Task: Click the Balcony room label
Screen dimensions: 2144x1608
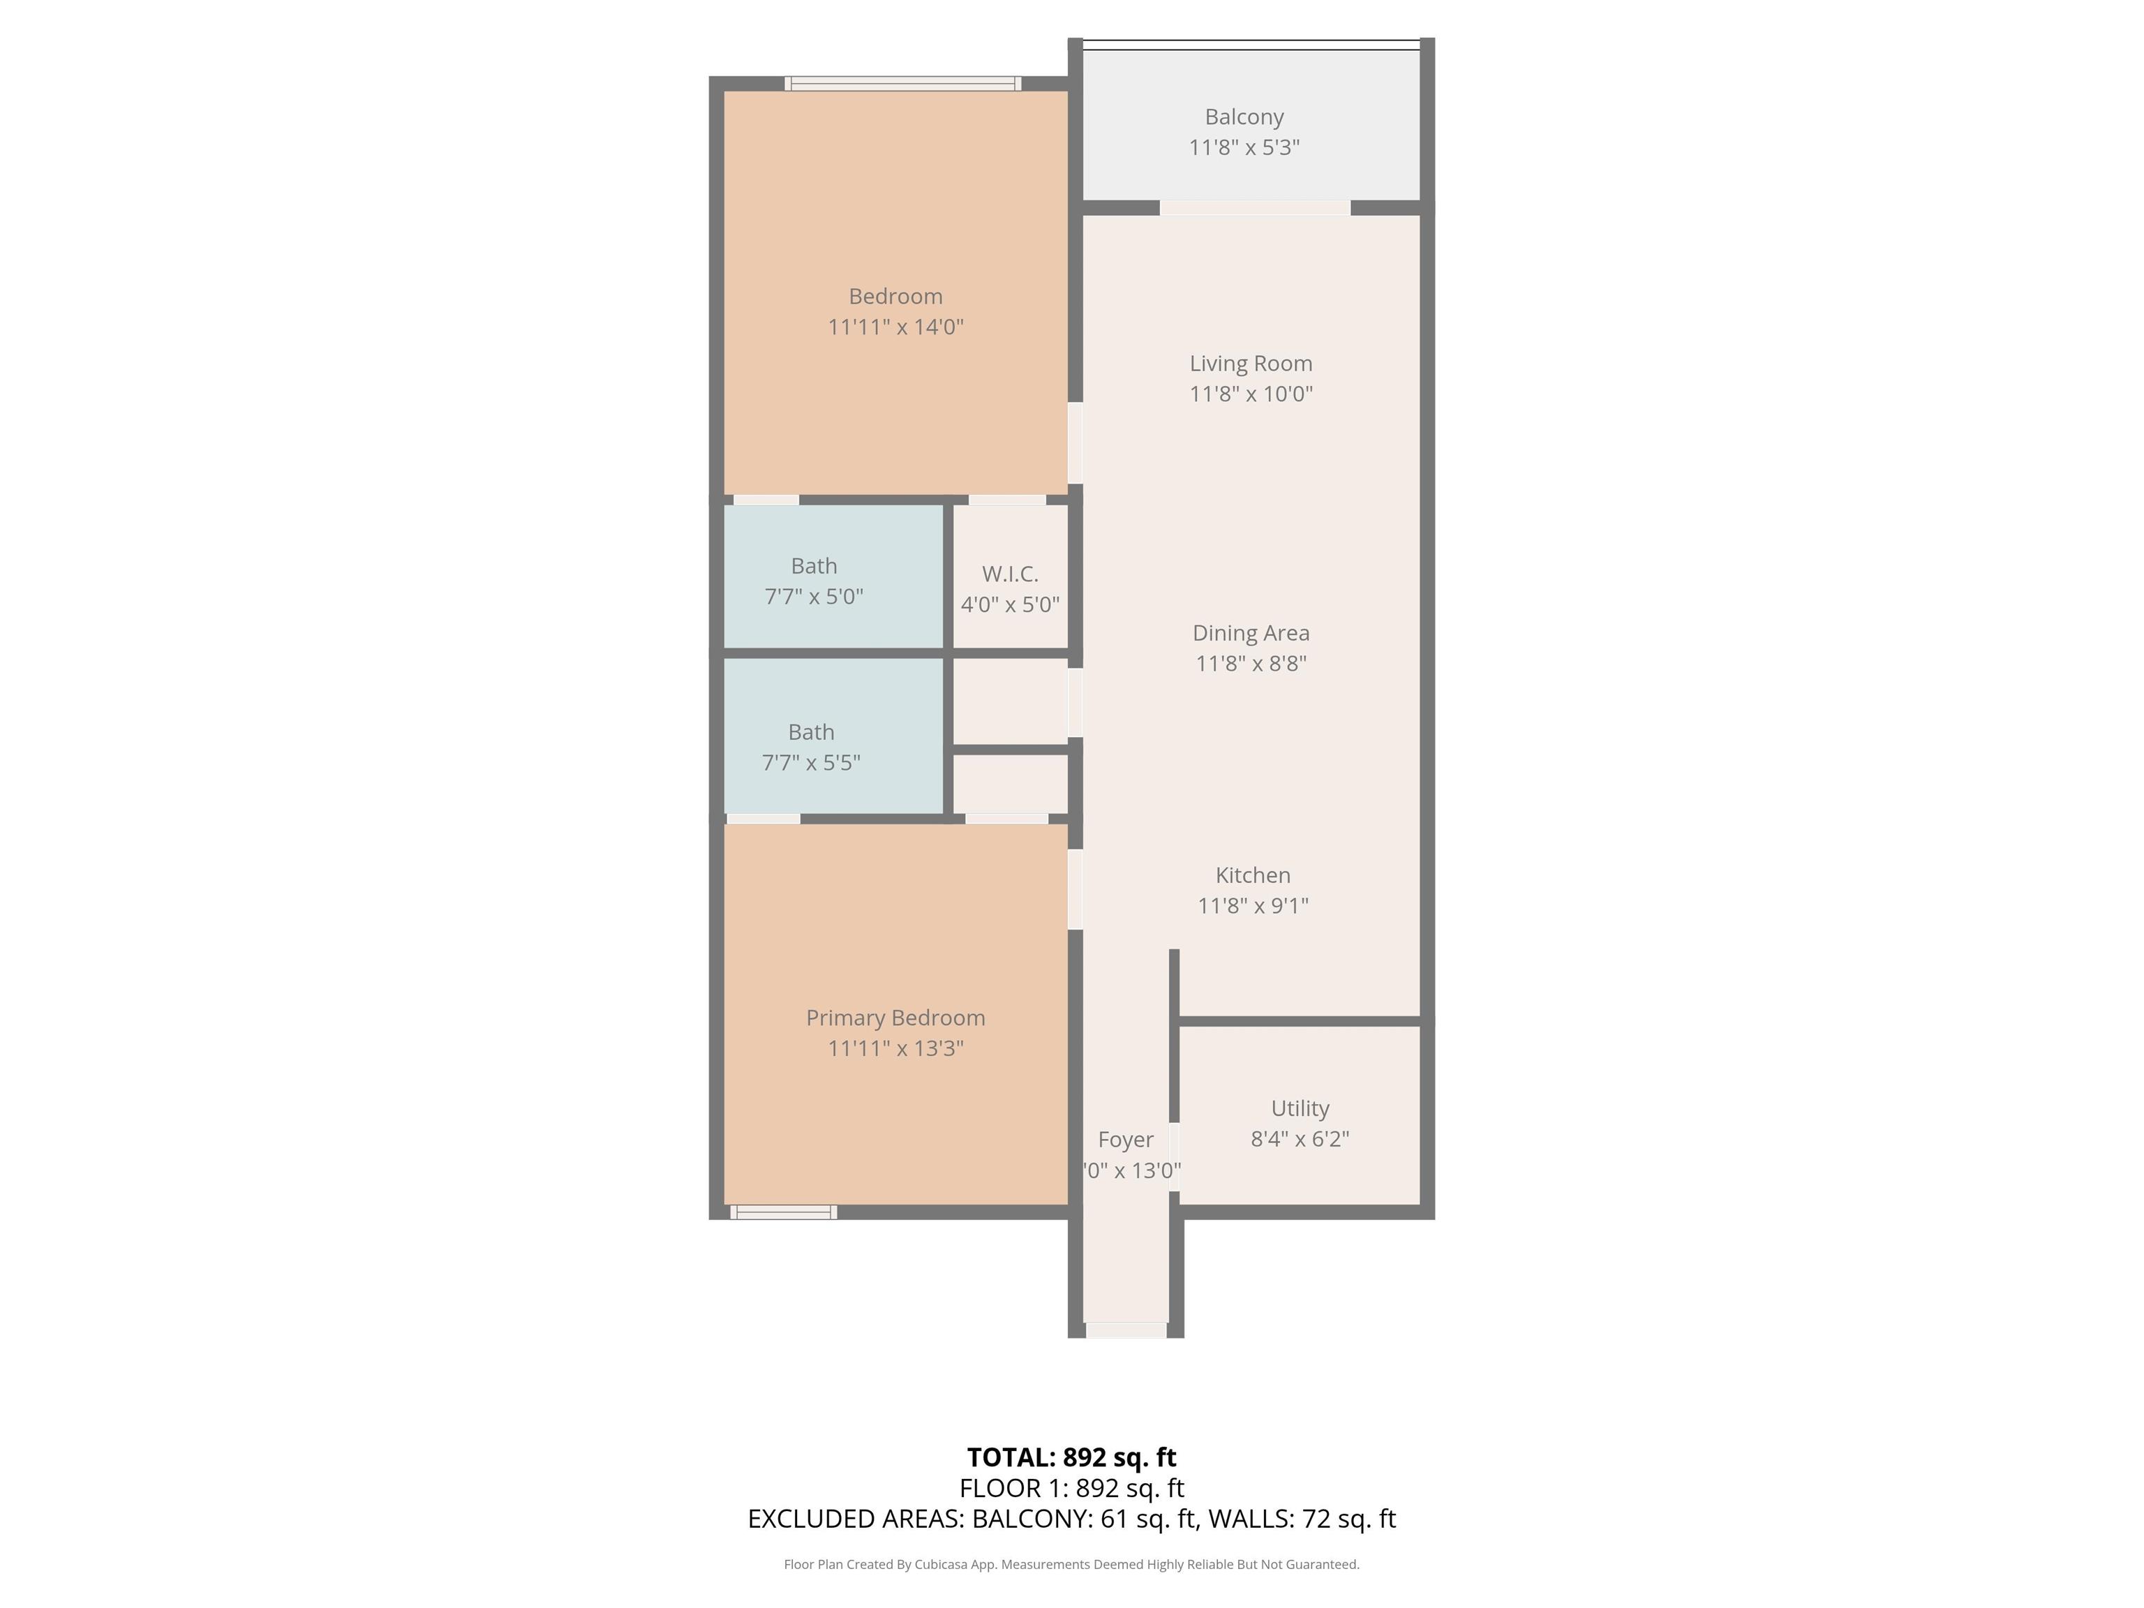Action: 1244,117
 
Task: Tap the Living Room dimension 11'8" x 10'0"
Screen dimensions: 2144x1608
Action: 1251,394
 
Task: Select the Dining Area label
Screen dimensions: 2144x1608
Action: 1251,633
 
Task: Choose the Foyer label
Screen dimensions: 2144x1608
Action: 1125,1140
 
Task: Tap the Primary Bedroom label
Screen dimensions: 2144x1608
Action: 895,1018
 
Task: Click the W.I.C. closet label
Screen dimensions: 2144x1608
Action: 1010,574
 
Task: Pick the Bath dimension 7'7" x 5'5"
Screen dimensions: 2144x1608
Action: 810,763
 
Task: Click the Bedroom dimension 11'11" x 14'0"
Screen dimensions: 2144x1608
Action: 895,327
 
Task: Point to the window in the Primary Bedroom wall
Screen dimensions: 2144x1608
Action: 783,1212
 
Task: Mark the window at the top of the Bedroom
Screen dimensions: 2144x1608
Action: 902,83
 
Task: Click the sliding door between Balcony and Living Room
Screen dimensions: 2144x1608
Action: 1255,207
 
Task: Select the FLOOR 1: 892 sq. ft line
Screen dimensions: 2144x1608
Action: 1071,1488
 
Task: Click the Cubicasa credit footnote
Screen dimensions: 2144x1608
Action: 1071,1565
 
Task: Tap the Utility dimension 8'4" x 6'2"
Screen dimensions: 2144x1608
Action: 1300,1139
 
